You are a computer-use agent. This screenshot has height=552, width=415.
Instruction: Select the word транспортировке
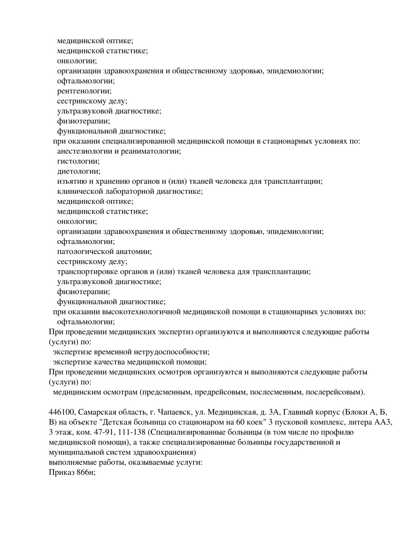(82, 271)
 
